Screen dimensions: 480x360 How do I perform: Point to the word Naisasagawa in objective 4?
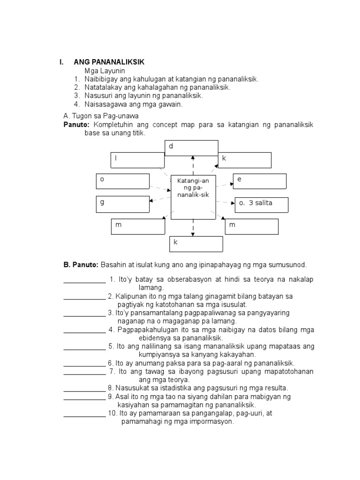pyautogui.click(x=104, y=104)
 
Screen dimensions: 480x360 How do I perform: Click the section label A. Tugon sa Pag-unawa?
pyautogui.click(x=101, y=116)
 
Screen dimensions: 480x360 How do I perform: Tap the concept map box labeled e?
pyautogui.click(x=260, y=180)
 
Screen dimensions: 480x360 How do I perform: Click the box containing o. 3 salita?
pyautogui.click(x=261, y=204)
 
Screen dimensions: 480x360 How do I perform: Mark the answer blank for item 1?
pyautogui.click(x=84, y=282)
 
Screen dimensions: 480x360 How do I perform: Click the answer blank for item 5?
pyautogui.click(x=84, y=349)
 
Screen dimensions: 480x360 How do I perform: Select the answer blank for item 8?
pyautogui.click(x=84, y=391)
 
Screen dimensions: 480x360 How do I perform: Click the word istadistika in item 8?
pyautogui.click(x=176, y=388)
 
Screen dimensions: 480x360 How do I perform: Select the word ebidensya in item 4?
pyautogui.click(x=156, y=337)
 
